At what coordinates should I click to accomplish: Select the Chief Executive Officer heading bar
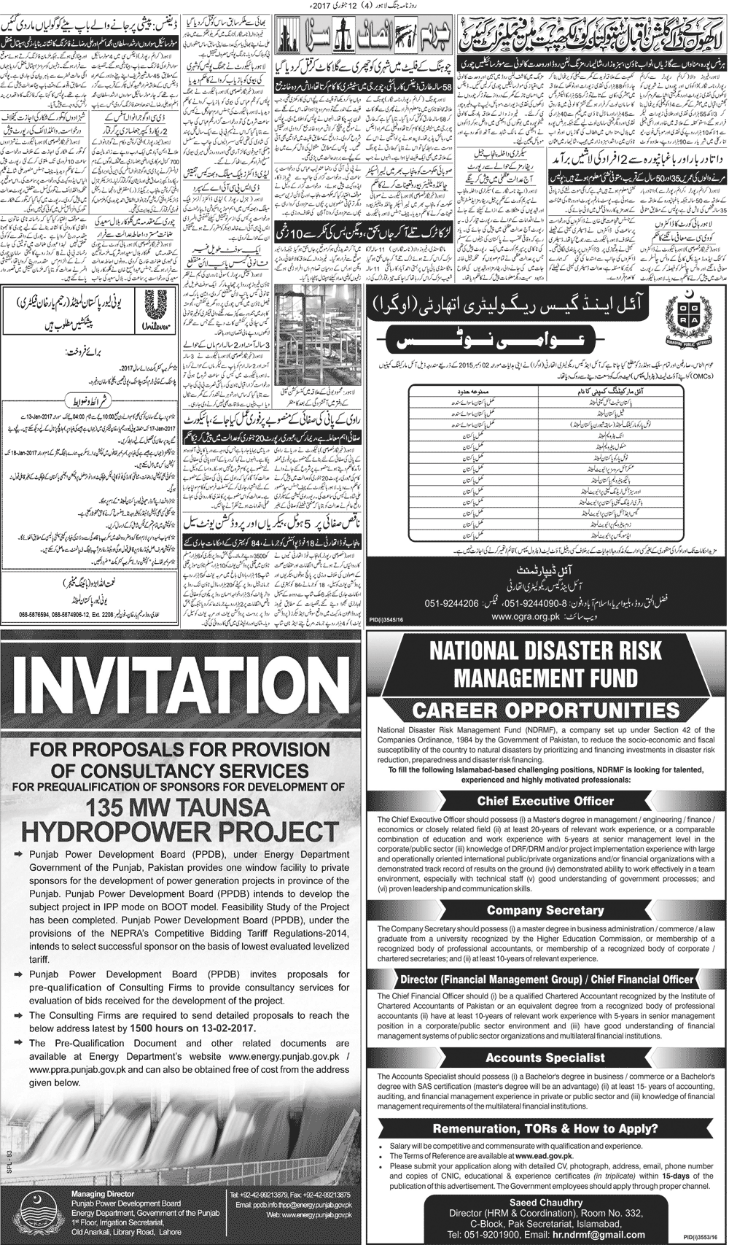coord(545,801)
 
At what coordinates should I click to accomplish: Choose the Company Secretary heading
coord(545,910)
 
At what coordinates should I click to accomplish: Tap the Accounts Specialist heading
coord(545,1058)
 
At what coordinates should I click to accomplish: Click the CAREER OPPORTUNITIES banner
coord(546,710)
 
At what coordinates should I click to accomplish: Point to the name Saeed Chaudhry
coord(546,1203)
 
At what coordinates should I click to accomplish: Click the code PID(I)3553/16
coord(699,1237)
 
